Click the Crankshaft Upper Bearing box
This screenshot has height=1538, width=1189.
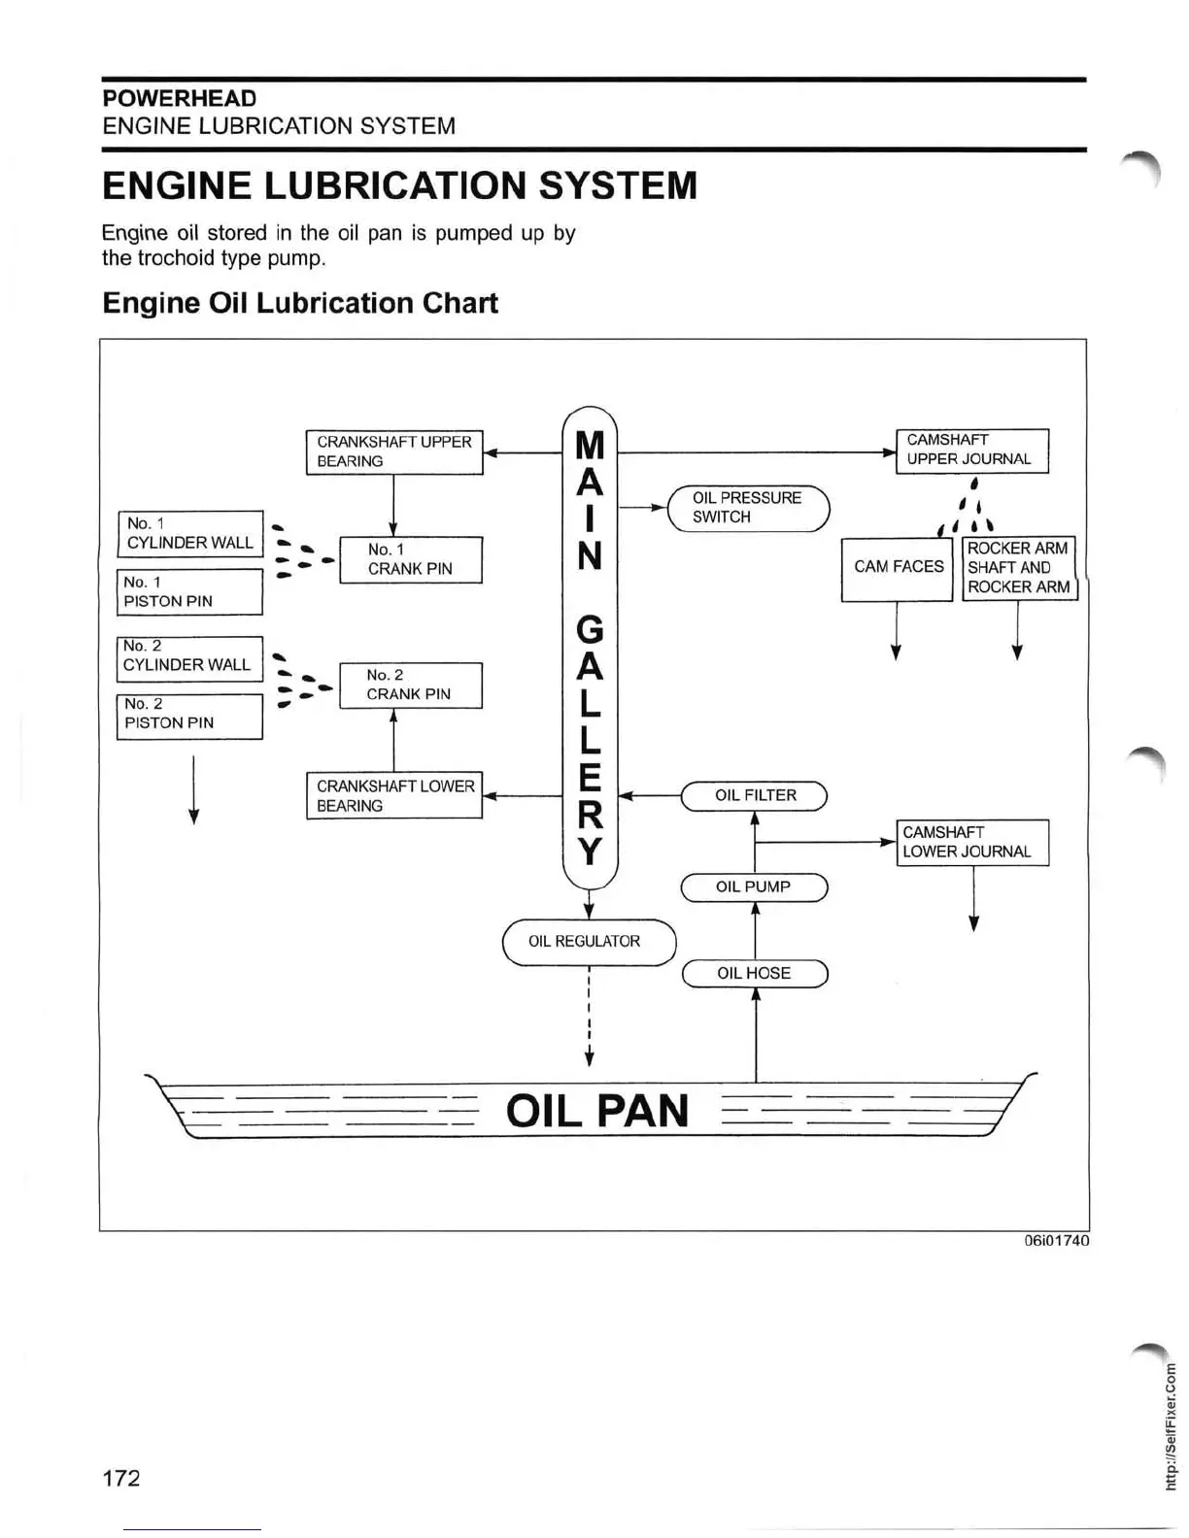pyautogui.click(x=393, y=451)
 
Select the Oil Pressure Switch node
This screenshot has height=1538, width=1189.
pyautogui.click(x=748, y=507)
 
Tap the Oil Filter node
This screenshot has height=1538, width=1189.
pyautogui.click(x=754, y=795)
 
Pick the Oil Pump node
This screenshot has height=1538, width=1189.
pyautogui.click(x=754, y=886)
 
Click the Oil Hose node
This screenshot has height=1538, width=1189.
pyautogui.click(x=754, y=973)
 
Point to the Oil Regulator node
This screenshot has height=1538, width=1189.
pyautogui.click(x=588, y=941)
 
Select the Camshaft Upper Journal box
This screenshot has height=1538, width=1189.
pyautogui.click(x=971, y=450)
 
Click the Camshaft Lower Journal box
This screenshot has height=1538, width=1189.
pyautogui.click(x=971, y=842)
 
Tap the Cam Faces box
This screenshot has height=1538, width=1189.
pyautogui.click(x=897, y=567)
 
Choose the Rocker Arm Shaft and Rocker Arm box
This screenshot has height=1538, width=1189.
pyautogui.click(x=1019, y=567)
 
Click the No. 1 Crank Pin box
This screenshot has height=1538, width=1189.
pyautogui.click(x=410, y=559)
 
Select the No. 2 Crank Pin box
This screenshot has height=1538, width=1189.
pyautogui.click(x=410, y=685)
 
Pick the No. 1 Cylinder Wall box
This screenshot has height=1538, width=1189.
pyautogui.click(x=189, y=533)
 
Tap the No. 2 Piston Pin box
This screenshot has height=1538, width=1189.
pyautogui.click(x=189, y=715)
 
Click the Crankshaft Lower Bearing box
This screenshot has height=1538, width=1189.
pyautogui.click(x=393, y=795)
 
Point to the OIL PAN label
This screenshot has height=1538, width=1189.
pyautogui.click(x=596, y=1110)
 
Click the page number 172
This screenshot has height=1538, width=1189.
pyautogui.click(x=121, y=1478)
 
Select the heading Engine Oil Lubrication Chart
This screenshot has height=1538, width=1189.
pyautogui.click(x=300, y=303)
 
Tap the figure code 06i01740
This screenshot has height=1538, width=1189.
pyautogui.click(x=1057, y=1241)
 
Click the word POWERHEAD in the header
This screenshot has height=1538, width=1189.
pyautogui.click(x=180, y=98)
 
